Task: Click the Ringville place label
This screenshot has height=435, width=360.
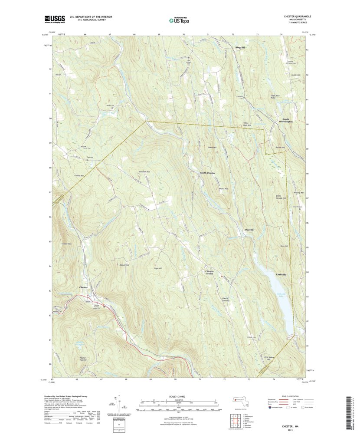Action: click(x=241, y=47)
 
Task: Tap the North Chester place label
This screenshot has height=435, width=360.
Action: click(x=207, y=173)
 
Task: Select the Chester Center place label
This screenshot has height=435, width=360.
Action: click(x=209, y=272)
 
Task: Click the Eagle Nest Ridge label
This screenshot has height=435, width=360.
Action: click(x=276, y=97)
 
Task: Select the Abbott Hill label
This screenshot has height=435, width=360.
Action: click(x=124, y=265)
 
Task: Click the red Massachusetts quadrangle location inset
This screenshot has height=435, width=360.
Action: click(x=240, y=402)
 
